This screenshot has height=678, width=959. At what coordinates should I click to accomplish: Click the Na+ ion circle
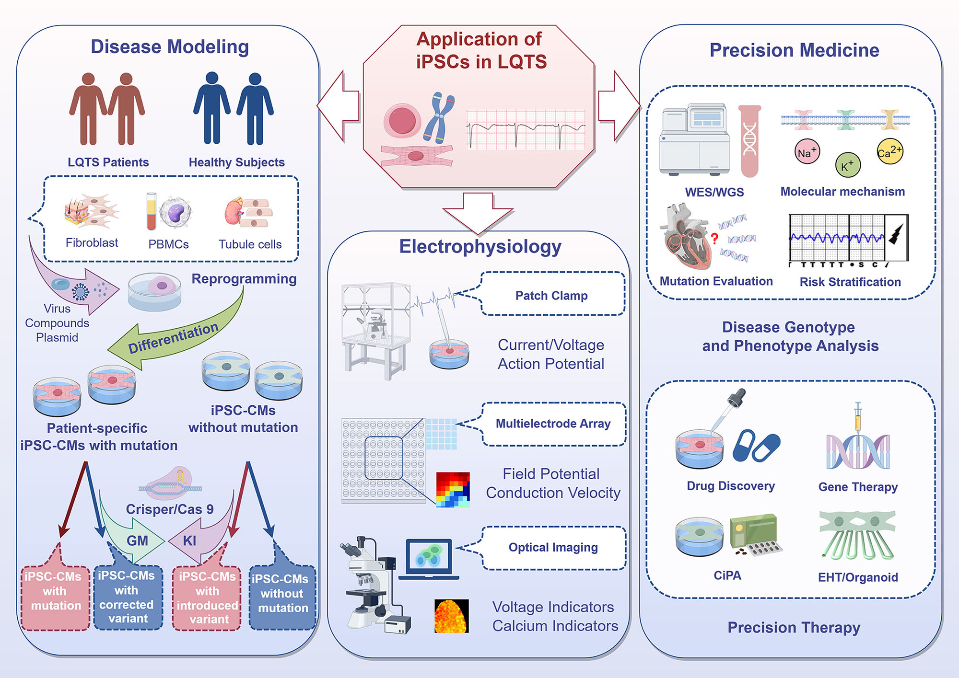tap(807, 152)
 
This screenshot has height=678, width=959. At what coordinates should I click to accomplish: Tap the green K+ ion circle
tap(848, 165)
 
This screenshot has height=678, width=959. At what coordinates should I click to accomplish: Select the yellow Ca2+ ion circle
tap(889, 152)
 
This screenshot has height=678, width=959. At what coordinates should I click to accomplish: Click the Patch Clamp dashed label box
tap(552, 294)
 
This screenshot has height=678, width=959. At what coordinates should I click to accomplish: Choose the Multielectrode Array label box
tap(553, 424)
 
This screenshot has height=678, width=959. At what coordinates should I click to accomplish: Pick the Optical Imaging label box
tap(553, 548)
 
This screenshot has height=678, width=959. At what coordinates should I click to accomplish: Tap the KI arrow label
tap(190, 541)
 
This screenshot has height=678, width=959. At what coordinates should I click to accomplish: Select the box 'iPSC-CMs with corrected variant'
tap(127, 597)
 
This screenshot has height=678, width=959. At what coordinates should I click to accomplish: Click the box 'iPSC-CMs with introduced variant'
tap(207, 598)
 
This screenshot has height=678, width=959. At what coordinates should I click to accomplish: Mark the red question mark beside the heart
tap(714, 238)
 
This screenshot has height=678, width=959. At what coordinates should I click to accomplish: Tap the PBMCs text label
tap(168, 244)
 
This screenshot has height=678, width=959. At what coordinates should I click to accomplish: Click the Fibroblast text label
tap(92, 243)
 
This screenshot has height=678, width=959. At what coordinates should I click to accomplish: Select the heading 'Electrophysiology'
tap(480, 247)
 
